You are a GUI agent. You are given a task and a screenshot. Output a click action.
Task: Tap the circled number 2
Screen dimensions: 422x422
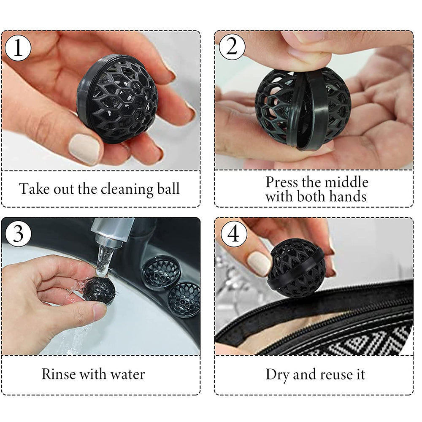[x=232, y=47]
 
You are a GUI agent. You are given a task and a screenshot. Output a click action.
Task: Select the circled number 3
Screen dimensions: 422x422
[x=18, y=233]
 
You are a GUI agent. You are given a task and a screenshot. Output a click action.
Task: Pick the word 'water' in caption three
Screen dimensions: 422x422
[x=127, y=374]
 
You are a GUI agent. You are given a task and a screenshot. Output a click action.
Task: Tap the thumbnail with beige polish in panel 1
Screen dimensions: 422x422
[x=85, y=149]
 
